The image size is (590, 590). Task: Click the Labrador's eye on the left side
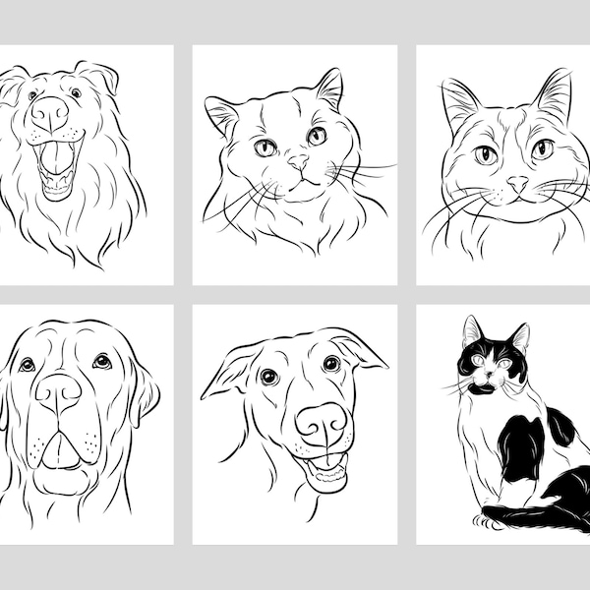(27, 365)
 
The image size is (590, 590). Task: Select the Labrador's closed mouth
(62, 452)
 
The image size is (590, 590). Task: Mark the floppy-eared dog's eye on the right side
(330, 365)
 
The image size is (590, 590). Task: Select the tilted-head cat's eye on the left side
(265, 147)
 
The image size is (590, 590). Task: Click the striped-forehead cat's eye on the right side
(542, 150)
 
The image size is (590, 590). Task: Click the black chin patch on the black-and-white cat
(485, 388)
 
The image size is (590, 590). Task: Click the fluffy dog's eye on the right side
(76, 93)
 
